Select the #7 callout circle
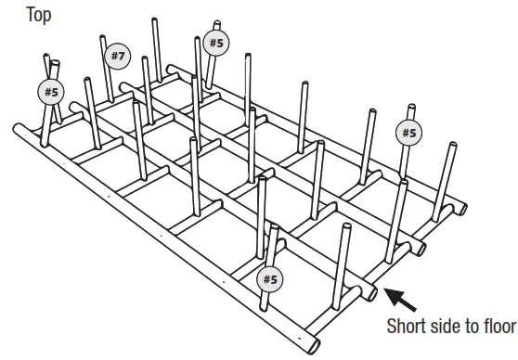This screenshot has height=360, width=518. click(x=117, y=57)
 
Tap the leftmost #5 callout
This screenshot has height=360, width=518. click(x=51, y=91)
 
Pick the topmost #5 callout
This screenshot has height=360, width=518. click(x=215, y=42)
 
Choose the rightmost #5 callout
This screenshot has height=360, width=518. click(x=408, y=133)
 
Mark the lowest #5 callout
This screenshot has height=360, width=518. click(x=270, y=277)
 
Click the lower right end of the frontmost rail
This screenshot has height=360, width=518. click(x=315, y=347)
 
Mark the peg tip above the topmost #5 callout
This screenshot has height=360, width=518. click(x=217, y=23)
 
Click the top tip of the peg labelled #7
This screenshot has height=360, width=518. click(x=102, y=38)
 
